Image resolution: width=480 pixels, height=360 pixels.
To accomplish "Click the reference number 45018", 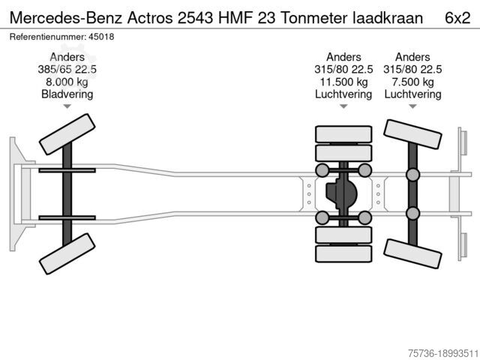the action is click(101, 37).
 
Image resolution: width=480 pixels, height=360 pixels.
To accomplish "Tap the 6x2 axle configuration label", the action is click(457, 18).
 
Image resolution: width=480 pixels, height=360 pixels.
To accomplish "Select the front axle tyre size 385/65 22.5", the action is click(67, 70).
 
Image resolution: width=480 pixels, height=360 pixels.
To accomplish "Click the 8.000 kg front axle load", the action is click(67, 82).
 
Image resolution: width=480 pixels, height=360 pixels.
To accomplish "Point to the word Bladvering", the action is click(67, 94).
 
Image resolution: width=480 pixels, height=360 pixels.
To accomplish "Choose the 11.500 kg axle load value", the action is click(343, 82).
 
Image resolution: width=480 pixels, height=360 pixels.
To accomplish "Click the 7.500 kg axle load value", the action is click(412, 82).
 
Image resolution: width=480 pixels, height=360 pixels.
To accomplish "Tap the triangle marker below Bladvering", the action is click(67, 106).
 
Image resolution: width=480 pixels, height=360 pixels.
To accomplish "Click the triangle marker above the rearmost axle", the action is click(412, 106).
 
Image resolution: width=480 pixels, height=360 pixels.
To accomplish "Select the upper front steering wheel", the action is click(67, 134).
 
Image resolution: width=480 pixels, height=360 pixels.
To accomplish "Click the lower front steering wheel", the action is click(67, 253).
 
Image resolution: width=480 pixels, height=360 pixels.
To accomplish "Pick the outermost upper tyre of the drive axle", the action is click(343, 134).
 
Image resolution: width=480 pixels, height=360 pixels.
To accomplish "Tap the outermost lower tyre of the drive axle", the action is click(343, 253).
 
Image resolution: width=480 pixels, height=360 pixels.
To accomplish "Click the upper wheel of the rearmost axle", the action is click(412, 134).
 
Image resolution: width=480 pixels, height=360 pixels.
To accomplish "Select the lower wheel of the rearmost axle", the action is click(412, 253).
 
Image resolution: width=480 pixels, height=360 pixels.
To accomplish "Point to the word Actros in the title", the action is click(150, 18).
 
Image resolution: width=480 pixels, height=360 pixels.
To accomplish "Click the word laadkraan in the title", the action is click(388, 18).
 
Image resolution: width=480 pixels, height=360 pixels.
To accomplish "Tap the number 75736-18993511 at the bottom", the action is click(443, 353).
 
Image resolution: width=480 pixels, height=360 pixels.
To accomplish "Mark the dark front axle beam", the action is click(67, 194).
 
